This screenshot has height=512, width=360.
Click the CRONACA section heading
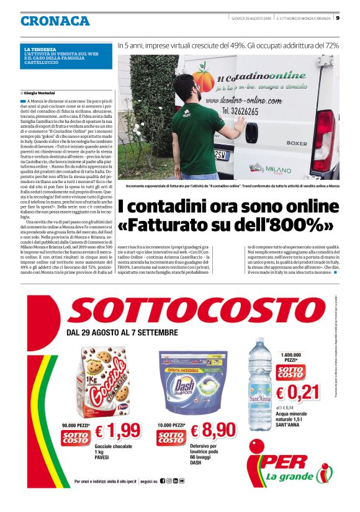(55, 20)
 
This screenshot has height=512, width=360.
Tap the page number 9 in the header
(337, 18)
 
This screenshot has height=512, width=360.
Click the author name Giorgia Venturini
(40, 92)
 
